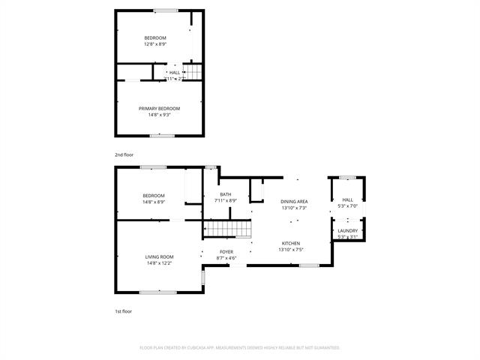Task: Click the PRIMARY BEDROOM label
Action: (x=159, y=108)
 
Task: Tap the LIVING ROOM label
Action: (x=159, y=257)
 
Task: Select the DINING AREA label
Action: (x=295, y=202)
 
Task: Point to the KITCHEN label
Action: (x=290, y=243)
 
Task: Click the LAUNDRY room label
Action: (x=347, y=230)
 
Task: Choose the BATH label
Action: (x=225, y=194)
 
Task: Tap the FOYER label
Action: (x=226, y=252)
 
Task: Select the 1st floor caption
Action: (x=123, y=310)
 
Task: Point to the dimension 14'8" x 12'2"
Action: (x=159, y=263)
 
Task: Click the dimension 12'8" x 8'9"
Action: (x=155, y=43)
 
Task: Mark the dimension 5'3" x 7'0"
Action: (x=347, y=205)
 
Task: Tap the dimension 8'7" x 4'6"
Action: (x=226, y=258)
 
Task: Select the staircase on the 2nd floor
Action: (x=193, y=72)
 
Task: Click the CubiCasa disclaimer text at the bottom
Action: (x=240, y=348)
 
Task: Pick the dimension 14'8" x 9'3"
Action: (x=159, y=114)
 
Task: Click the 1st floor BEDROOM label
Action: (x=154, y=196)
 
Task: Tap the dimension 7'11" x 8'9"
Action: (x=225, y=200)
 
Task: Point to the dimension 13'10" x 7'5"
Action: (x=290, y=249)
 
